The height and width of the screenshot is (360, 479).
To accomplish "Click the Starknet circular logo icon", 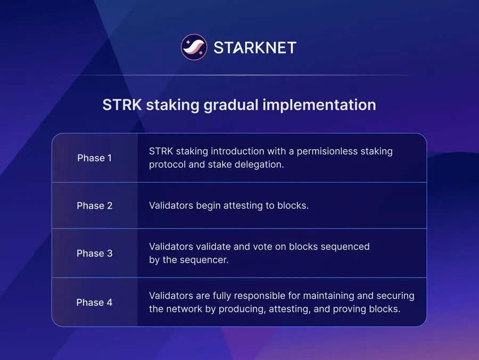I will click(194, 47).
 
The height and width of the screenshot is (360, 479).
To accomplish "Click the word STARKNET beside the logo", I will click(254, 48).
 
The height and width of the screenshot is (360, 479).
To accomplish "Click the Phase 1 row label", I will click(95, 158).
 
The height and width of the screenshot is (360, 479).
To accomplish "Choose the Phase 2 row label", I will click(95, 206).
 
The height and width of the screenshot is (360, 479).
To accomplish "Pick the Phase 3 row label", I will click(95, 253).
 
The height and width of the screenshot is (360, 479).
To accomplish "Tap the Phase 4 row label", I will click(95, 302).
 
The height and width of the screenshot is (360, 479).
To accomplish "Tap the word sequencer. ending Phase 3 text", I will click(206, 260).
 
